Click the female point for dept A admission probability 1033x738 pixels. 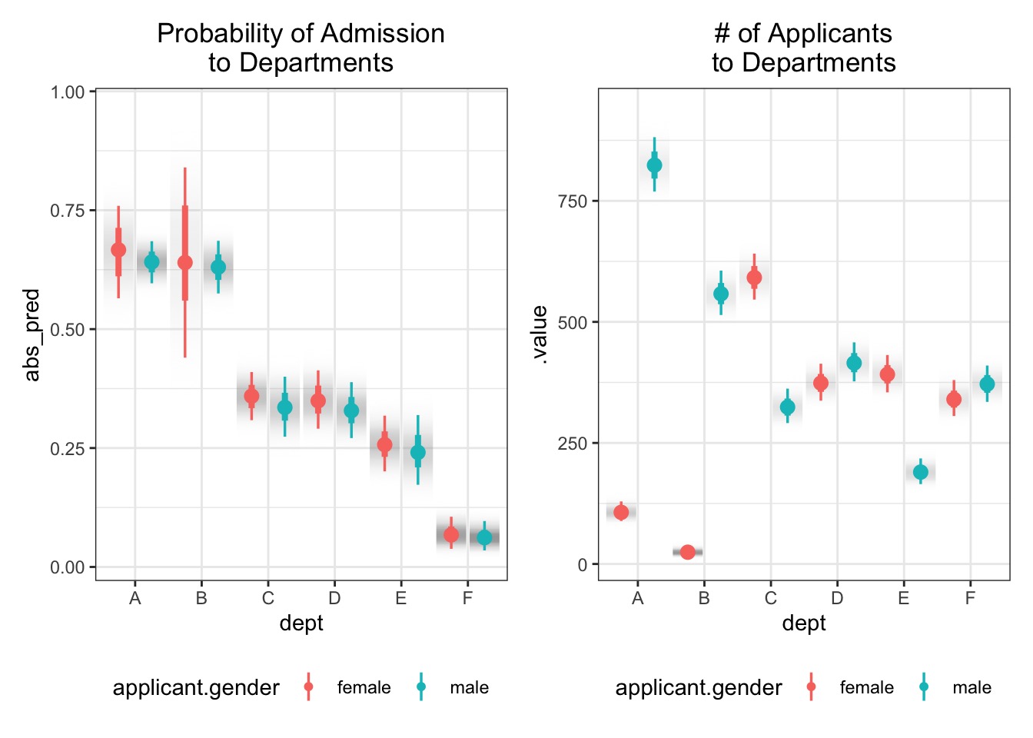pos(118,250)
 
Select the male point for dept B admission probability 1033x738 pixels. pos(218,268)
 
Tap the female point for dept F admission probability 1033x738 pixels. pos(451,534)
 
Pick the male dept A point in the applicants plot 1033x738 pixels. pos(654,165)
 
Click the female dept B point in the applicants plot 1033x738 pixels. pos(688,552)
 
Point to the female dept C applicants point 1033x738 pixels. pos(754,278)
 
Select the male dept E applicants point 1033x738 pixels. pos(921,472)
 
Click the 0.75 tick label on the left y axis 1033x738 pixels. pos(68,211)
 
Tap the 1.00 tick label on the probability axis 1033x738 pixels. pos(68,92)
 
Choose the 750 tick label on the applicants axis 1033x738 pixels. pos(573,201)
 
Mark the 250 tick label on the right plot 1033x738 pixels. pos(573,444)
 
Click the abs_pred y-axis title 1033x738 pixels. pos(32,334)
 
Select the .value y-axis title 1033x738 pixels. pos(540,334)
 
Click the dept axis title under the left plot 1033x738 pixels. pos(301,623)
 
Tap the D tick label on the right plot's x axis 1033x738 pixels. pos(837,598)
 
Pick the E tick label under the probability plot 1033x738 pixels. pos(401,598)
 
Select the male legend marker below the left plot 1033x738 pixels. pos(421,687)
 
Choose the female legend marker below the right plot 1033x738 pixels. pos(811,687)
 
